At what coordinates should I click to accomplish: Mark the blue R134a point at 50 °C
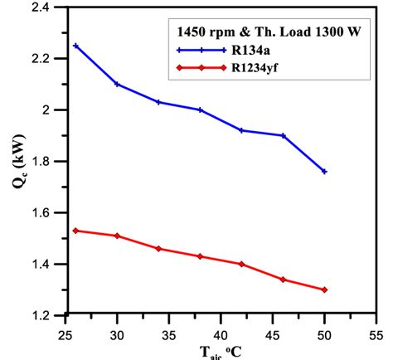click(324, 172)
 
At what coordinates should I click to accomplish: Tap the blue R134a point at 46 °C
click(283, 135)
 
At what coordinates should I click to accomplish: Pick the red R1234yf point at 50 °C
click(324, 289)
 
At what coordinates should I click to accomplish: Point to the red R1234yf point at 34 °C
click(158, 249)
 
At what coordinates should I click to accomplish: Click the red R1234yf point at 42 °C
click(241, 264)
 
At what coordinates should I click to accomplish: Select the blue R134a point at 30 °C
click(117, 84)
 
